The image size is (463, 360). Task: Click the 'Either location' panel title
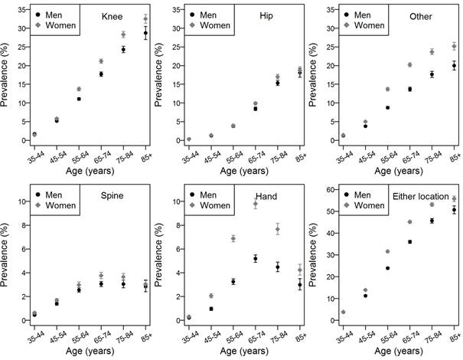coord(422,197)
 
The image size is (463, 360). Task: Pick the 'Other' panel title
coord(423,17)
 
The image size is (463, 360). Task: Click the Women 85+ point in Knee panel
coord(145,18)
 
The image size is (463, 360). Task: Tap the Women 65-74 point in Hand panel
coord(256,204)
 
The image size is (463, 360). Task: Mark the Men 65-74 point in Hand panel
coord(256,259)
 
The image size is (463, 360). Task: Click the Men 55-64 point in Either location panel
coord(388,268)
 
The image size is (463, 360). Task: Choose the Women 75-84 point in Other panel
coord(432,52)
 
